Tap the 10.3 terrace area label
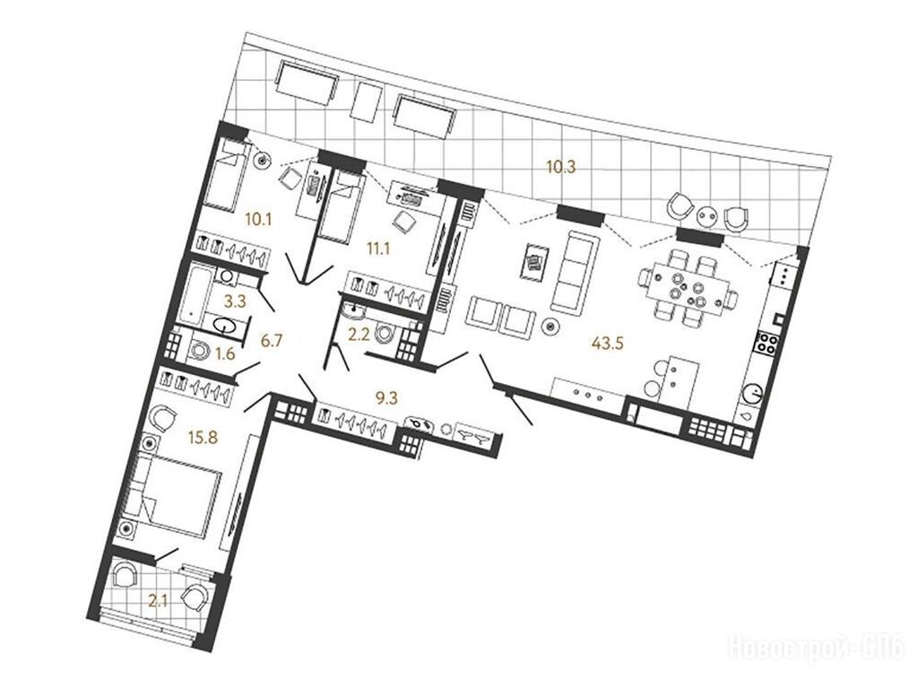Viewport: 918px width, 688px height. pos(561,167)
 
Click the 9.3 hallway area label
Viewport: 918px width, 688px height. pos(386,398)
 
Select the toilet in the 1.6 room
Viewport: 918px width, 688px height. pos(200,351)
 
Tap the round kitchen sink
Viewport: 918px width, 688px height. pos(752,393)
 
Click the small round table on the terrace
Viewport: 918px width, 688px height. pos(708,217)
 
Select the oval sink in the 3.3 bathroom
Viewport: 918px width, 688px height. pos(226,324)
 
